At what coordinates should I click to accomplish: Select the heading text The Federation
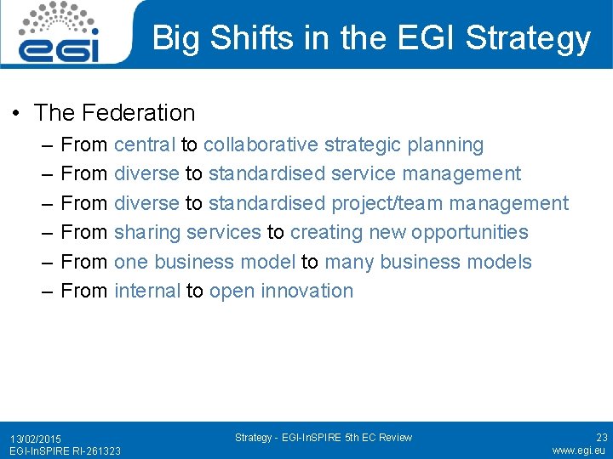114,112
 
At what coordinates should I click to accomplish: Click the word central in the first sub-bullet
145,145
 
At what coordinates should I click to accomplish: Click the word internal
147,291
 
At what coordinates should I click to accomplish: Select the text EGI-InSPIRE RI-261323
65,450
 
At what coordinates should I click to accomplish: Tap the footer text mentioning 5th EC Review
323,438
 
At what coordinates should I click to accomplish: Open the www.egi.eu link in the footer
579,450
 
